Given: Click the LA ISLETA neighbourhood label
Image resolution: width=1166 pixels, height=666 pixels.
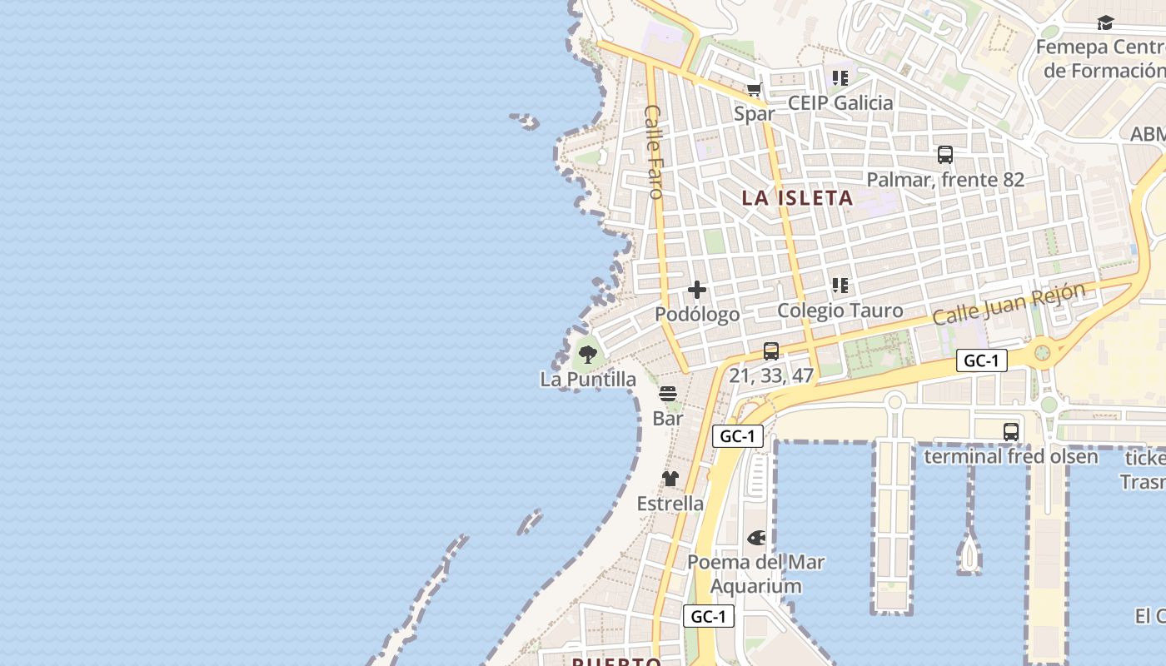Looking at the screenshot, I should tap(797, 198).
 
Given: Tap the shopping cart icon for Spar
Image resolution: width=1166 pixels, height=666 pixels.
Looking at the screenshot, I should tap(755, 90).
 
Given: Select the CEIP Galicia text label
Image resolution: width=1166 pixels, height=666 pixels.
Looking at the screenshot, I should tap(840, 103).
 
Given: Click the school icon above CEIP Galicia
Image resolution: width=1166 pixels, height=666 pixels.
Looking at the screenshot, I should tap(840, 78).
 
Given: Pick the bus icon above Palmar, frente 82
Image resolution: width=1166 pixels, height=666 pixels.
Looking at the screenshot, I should tap(945, 155).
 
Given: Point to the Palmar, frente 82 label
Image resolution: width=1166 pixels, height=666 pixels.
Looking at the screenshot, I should tap(945, 180).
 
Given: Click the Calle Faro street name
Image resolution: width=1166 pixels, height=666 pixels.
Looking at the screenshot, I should tap(655, 152).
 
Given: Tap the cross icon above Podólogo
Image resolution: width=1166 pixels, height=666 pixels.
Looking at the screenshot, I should tap(697, 290).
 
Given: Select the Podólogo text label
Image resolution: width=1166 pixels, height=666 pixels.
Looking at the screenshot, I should tap(697, 315).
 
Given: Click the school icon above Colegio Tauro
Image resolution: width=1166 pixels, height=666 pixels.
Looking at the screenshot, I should tap(840, 286).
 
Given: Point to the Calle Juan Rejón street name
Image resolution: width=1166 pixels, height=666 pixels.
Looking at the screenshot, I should tap(1009, 304).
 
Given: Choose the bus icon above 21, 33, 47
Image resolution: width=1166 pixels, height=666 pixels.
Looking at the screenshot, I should tap(771, 351).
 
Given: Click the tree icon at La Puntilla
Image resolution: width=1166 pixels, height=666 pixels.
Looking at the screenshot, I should tap(588, 355).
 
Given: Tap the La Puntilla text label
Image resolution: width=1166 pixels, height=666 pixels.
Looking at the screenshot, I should tap(588, 380).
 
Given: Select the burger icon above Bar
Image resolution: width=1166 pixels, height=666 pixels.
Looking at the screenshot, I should tap(668, 394).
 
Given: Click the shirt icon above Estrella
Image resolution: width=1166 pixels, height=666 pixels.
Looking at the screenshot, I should tap(670, 479).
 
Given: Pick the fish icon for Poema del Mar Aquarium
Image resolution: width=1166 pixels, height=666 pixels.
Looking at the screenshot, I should tap(756, 538).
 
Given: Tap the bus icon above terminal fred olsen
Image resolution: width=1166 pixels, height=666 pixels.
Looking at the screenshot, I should tap(1011, 432).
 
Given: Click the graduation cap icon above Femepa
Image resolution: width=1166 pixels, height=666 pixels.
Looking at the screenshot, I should tap(1105, 22).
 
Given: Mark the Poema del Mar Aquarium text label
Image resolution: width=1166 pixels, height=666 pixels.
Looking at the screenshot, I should tap(756, 574).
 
